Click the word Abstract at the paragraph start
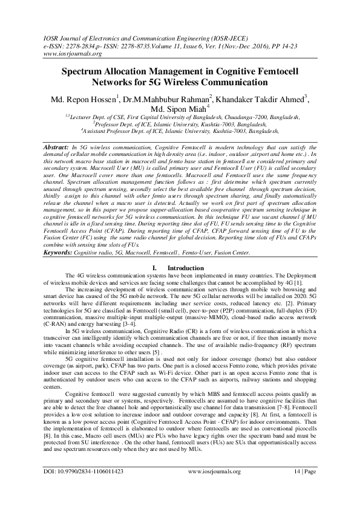[x=58, y=147]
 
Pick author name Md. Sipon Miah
[x=180, y=109]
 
